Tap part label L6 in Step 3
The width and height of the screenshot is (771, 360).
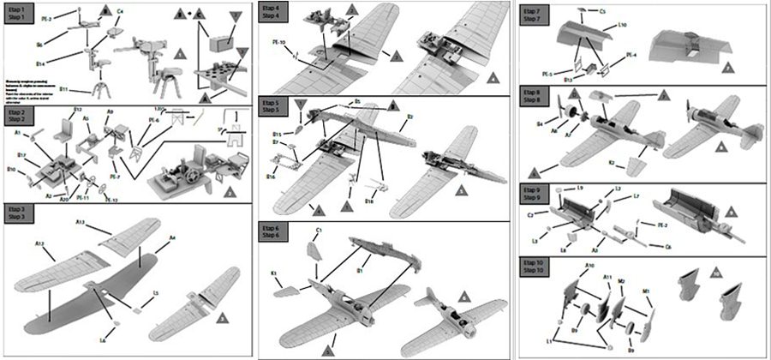coord(103,341)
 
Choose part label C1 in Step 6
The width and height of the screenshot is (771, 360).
coord(319,231)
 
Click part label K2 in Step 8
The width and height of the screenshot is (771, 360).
coord(611,162)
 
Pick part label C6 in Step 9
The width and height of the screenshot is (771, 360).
coord(668,247)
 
